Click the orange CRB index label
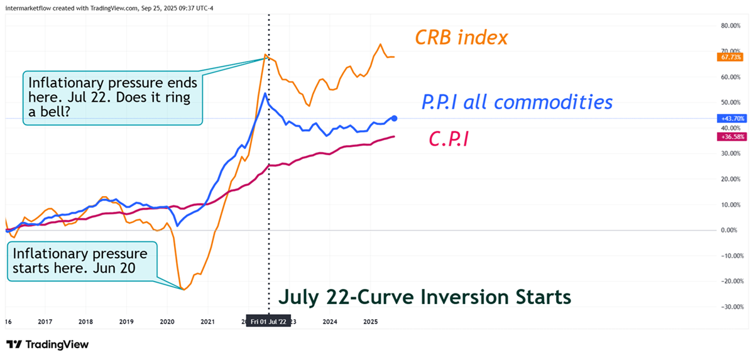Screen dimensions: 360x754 461,37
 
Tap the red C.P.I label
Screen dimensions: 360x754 449,138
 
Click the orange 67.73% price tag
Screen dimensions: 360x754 728,57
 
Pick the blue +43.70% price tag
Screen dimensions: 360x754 728,118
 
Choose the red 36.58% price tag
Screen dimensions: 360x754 728,136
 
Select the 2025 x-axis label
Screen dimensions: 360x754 370,322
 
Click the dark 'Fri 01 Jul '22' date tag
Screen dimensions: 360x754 269,322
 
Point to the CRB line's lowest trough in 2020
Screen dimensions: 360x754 183,289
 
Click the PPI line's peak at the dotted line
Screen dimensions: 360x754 265,94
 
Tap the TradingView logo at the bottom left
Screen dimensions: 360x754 47,344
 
